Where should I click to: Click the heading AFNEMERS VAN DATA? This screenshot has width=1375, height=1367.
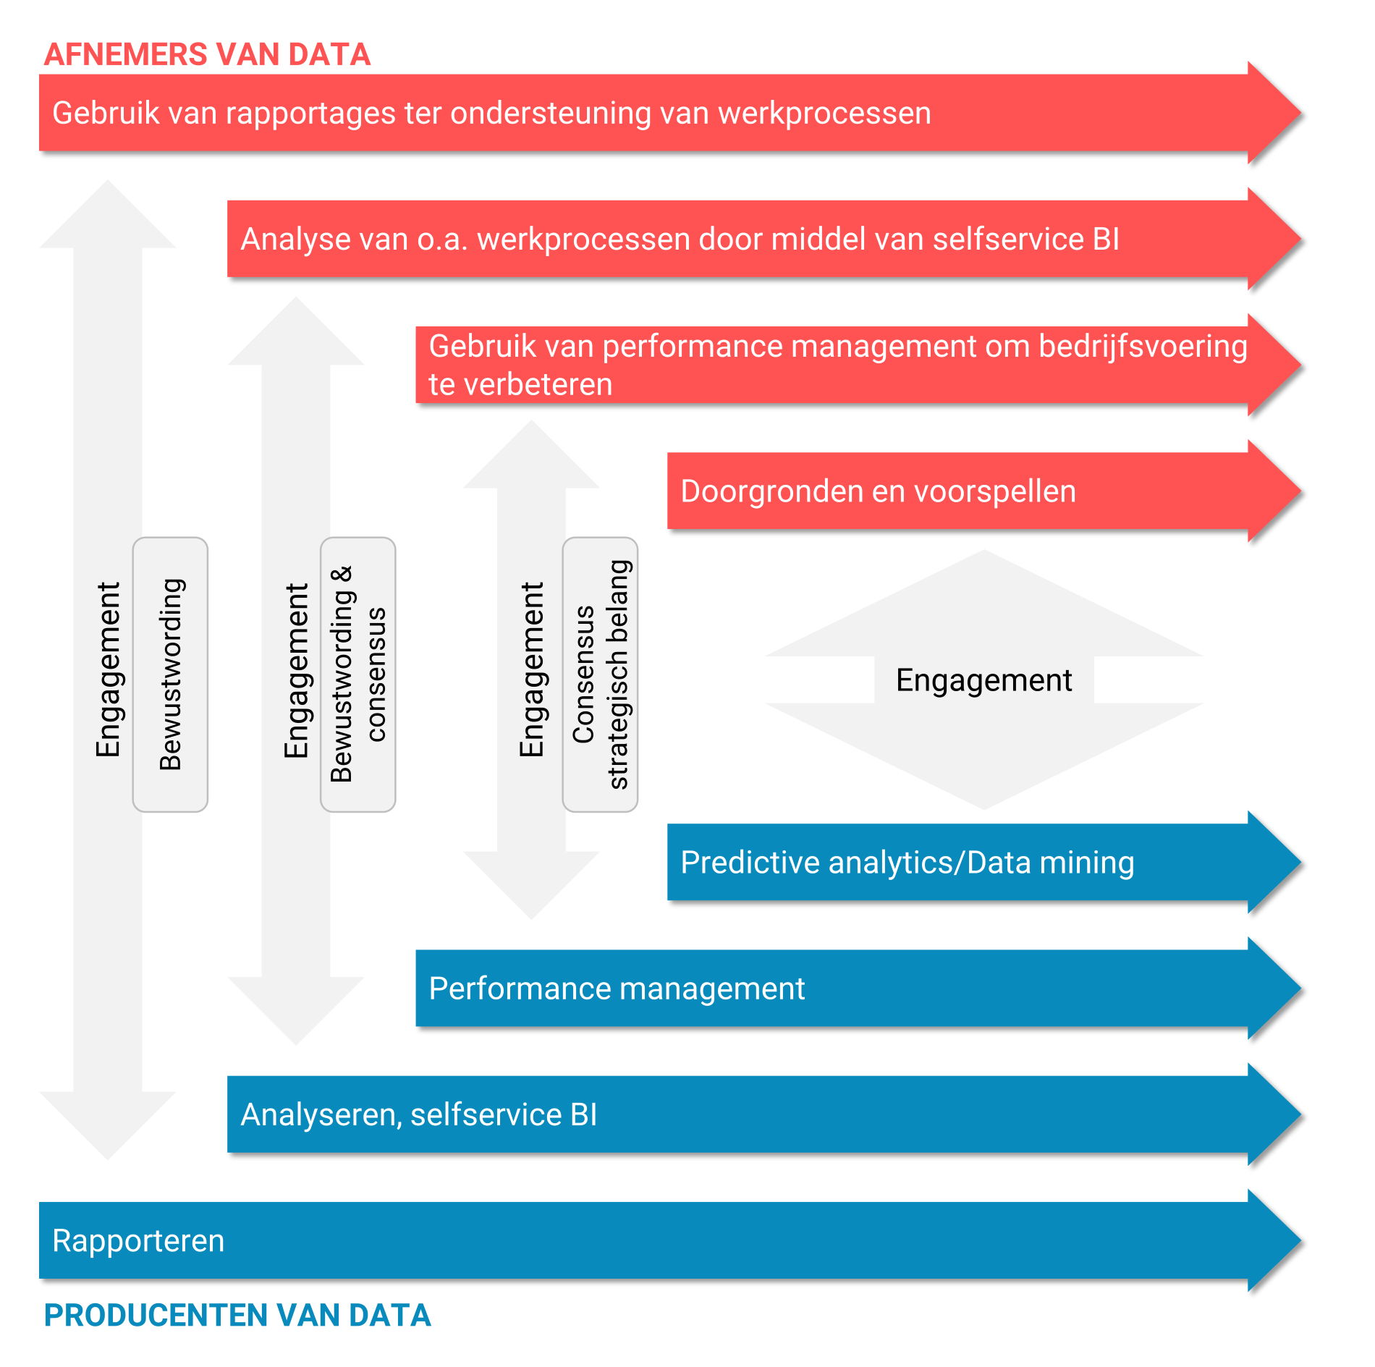pyautogui.click(x=207, y=55)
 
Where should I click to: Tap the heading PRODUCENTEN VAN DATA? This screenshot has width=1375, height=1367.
pyautogui.click(x=237, y=1315)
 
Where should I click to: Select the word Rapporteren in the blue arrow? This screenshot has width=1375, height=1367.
pyautogui.click(x=138, y=1240)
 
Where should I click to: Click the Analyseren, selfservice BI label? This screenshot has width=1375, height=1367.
pyautogui.click(x=419, y=1114)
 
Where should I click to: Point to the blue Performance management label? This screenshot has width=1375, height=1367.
pyautogui.click(x=617, y=989)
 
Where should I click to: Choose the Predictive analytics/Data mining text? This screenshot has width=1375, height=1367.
pyautogui.click(x=907, y=863)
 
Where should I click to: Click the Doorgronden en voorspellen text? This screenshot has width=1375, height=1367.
pyautogui.click(x=878, y=491)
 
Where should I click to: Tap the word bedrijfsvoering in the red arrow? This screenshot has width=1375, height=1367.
pyautogui.click(x=1143, y=347)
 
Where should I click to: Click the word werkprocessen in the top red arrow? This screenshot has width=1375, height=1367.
pyautogui.click(x=824, y=114)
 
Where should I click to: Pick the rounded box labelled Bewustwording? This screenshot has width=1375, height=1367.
pyautogui.click(x=170, y=674)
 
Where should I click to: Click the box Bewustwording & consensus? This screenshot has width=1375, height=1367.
pyautogui.click(x=358, y=674)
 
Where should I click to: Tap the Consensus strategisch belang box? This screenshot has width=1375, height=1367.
pyautogui.click(x=600, y=674)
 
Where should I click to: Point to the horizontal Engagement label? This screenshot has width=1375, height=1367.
pyautogui.click(x=983, y=680)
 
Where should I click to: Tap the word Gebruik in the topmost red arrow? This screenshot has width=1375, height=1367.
pyautogui.click(x=106, y=114)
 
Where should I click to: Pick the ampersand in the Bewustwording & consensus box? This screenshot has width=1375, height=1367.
pyautogui.click(x=342, y=575)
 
